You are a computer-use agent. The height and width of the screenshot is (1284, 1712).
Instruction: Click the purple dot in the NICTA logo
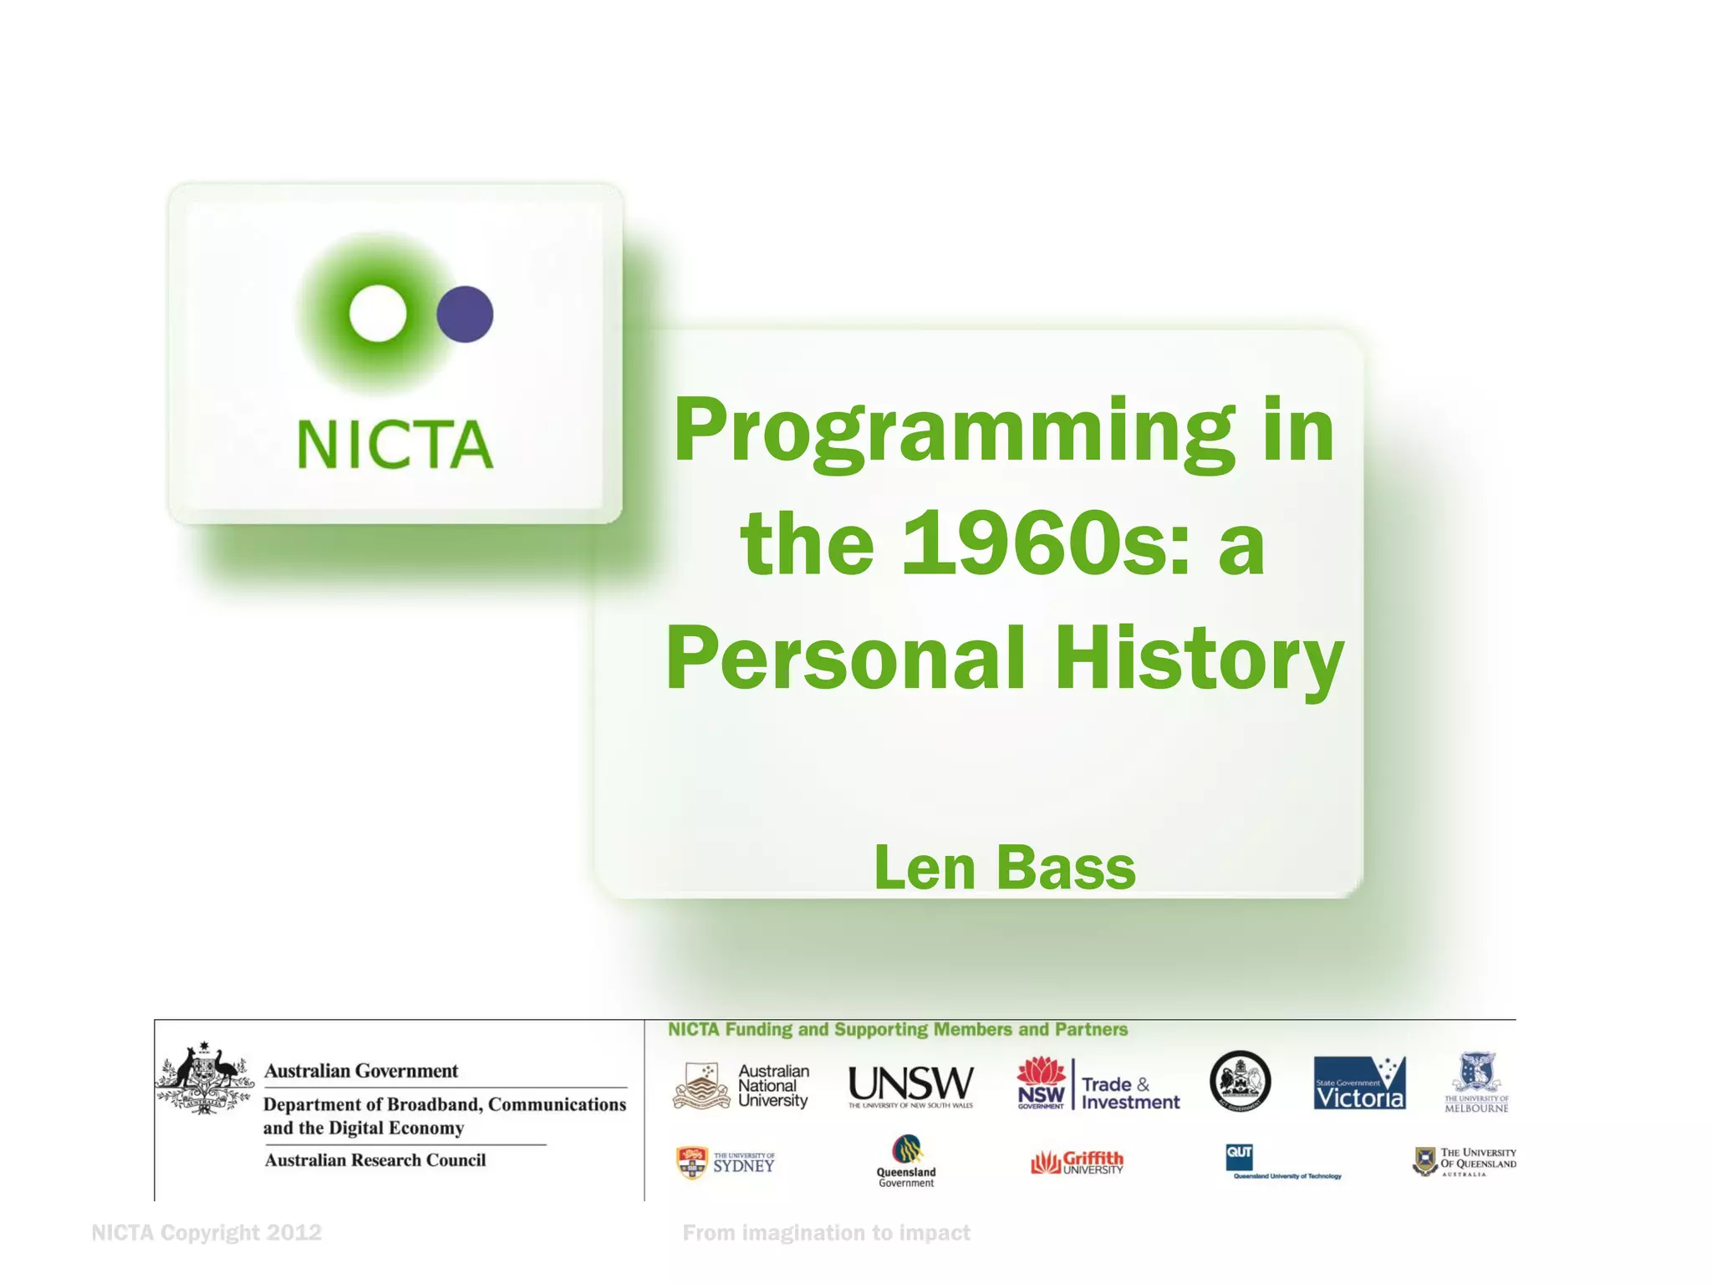tap(465, 314)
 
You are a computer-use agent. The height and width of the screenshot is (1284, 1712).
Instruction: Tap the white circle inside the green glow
tap(378, 313)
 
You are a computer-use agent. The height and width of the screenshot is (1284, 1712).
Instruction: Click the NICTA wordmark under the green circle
tap(395, 444)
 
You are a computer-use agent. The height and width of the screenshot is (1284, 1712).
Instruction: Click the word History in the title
tap(1199, 659)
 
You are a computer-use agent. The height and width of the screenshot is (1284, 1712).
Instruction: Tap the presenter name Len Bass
tap(1004, 868)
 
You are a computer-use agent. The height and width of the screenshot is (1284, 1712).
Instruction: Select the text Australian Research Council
tap(375, 1160)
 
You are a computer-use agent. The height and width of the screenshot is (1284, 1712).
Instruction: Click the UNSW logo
tap(910, 1085)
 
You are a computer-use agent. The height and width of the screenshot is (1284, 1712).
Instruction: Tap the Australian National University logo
tap(741, 1086)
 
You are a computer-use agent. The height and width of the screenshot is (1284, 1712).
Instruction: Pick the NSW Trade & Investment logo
tap(1098, 1085)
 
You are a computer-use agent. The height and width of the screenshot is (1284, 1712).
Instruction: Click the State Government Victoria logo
tap(1359, 1083)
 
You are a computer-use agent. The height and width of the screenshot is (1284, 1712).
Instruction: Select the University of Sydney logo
tap(726, 1163)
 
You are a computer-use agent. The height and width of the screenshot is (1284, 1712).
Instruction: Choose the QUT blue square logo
tap(1239, 1157)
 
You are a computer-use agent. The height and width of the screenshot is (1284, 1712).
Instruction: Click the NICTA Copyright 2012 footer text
tap(206, 1233)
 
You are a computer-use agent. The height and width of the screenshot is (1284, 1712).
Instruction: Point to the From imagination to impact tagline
tap(826, 1233)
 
